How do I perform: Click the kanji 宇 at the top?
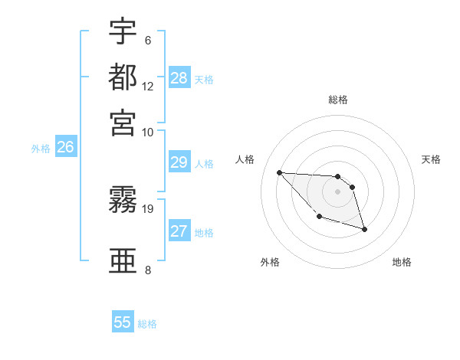(x=123, y=31)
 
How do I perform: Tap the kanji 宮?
(x=123, y=122)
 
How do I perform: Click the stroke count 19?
(x=149, y=208)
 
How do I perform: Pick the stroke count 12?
(x=148, y=86)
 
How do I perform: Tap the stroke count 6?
(x=147, y=41)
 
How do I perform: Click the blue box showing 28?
(x=179, y=77)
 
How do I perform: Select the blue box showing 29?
(x=179, y=162)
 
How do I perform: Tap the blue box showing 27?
(x=179, y=231)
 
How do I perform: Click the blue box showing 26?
(x=65, y=148)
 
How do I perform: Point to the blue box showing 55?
(x=123, y=322)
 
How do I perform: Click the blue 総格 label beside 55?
(x=147, y=324)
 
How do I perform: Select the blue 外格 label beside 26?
(x=41, y=149)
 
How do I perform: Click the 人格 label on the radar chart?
(x=246, y=159)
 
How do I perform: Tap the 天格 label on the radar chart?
(x=431, y=159)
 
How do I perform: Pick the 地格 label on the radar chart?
(x=402, y=262)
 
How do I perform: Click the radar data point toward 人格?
(x=280, y=172)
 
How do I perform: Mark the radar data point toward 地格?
(x=364, y=229)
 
